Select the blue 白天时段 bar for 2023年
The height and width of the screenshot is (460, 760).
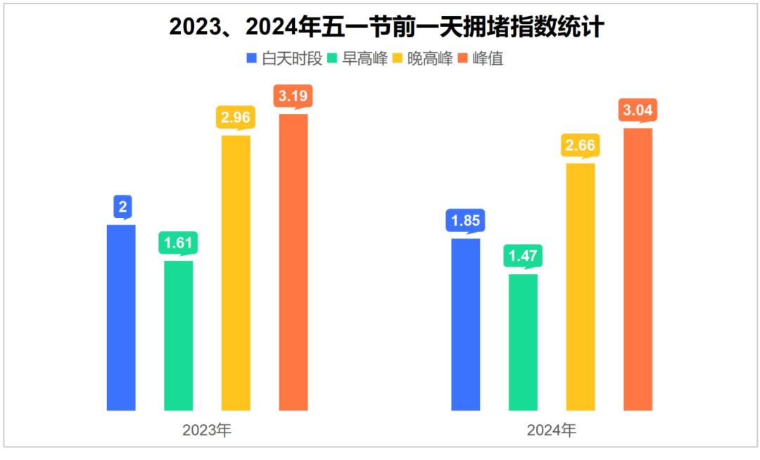coord(121,317)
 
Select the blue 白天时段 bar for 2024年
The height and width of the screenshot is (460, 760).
coord(465,324)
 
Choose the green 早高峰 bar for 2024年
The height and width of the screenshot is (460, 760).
coord(523,342)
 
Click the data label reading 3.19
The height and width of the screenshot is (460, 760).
coord(293,96)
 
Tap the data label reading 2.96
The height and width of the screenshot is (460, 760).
coord(236,117)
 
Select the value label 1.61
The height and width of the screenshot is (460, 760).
coord(178,243)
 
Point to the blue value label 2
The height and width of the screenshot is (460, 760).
coord(122,207)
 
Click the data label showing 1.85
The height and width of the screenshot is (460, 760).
coord(465,221)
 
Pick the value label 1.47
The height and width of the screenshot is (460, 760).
coord(523,257)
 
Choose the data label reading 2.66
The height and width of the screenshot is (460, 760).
coord(581,146)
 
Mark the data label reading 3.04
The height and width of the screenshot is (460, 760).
coord(638,110)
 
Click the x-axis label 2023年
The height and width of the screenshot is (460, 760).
coord(207,430)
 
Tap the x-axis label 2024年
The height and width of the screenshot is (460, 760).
coord(552,430)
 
